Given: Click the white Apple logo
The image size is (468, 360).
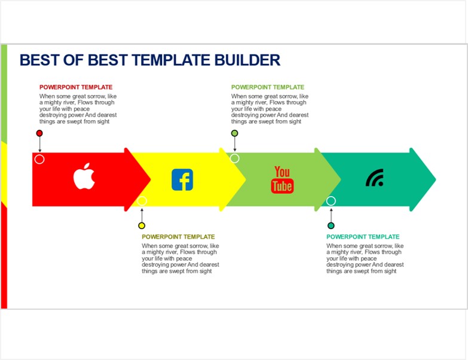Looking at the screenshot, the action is click(x=84, y=176).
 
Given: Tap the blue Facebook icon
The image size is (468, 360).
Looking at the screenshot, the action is click(x=182, y=180).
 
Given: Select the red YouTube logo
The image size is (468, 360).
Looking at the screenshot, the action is click(x=282, y=180).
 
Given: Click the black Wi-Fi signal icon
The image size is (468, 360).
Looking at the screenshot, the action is click(x=375, y=178).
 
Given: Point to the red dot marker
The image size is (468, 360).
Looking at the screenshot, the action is click(x=39, y=133).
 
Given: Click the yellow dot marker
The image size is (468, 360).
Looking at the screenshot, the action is click(x=142, y=225).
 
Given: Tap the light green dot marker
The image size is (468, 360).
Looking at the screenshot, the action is click(x=234, y=133).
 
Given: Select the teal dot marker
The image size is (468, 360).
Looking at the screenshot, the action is click(x=331, y=225).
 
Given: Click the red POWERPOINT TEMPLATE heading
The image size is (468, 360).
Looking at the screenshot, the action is click(x=76, y=87).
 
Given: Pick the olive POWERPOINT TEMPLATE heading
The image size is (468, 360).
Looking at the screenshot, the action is click(x=178, y=237).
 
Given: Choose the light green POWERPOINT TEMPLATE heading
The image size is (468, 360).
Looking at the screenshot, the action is click(x=268, y=87).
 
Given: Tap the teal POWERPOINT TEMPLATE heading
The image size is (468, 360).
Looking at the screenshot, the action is click(x=363, y=237).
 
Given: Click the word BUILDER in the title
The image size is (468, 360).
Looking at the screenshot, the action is click(x=247, y=60).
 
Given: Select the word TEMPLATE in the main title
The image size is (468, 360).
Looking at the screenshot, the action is click(x=171, y=60).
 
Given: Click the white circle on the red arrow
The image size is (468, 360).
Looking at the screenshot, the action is click(x=39, y=159).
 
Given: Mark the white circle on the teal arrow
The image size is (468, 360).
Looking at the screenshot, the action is click(x=331, y=201).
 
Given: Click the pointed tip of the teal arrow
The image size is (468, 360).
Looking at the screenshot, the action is click(x=436, y=179).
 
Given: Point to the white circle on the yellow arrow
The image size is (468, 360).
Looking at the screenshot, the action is click(x=142, y=201).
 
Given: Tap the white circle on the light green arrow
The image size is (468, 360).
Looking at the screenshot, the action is click(x=234, y=158).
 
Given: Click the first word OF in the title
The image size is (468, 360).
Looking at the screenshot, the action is click(x=74, y=60).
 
